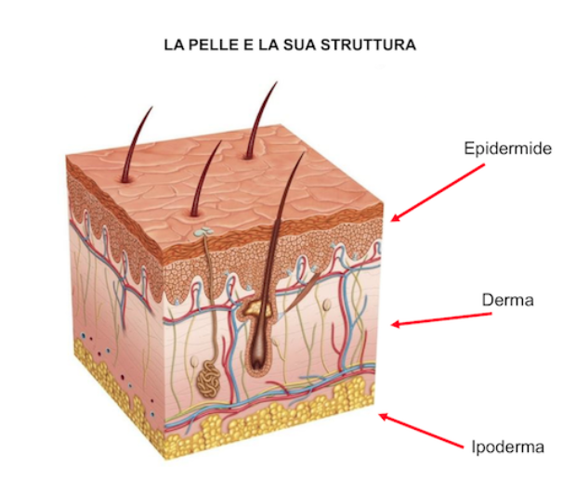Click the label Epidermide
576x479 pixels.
tap(507, 149)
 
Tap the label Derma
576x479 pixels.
tap(507, 300)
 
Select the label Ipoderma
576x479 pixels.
tap(507, 447)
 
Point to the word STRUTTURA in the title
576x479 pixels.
tap(369, 45)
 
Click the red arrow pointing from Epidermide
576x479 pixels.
tap(438, 193)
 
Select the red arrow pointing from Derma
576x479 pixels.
tap(441, 318)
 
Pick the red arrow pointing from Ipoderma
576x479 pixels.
tap(421, 431)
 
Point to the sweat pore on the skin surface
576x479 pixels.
tap(203, 231)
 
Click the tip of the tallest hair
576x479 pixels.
tap(277, 82)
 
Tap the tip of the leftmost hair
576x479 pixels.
tap(151, 107)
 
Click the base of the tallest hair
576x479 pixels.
tap(248, 158)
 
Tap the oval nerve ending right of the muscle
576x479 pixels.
tap(326, 304)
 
